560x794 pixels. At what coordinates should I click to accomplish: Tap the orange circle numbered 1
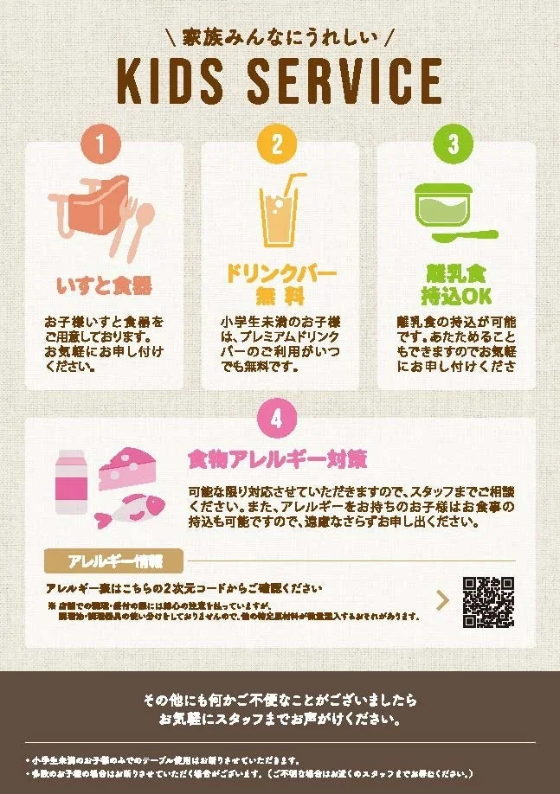[x=103, y=144]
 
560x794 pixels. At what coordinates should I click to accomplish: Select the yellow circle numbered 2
[x=278, y=144]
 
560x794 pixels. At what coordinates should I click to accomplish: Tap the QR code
[x=489, y=601]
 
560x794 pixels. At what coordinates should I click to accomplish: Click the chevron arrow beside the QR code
[x=442, y=601]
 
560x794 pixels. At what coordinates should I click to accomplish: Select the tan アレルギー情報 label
[x=114, y=560]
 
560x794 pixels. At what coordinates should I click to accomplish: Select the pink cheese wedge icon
[x=127, y=468]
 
